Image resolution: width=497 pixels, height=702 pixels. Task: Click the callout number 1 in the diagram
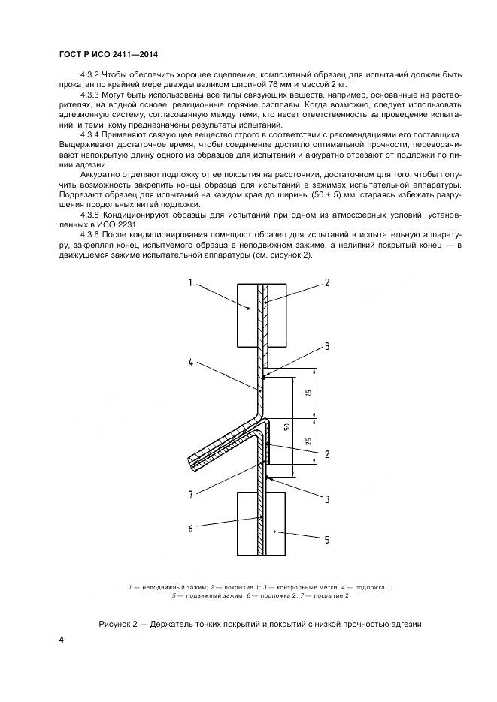[190, 282]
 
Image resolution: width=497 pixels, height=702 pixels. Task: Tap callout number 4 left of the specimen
[191, 363]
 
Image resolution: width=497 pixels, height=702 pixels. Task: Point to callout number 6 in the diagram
[190, 529]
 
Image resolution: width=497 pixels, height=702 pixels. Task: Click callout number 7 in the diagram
[190, 493]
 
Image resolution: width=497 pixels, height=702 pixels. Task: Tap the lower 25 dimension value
[308, 444]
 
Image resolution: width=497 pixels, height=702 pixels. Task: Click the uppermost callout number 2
[326, 282]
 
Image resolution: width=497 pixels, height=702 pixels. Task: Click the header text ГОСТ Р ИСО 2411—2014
[107, 55]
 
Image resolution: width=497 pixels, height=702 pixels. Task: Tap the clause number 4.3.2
[92, 75]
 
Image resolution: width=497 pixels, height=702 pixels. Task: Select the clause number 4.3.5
[92, 214]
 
